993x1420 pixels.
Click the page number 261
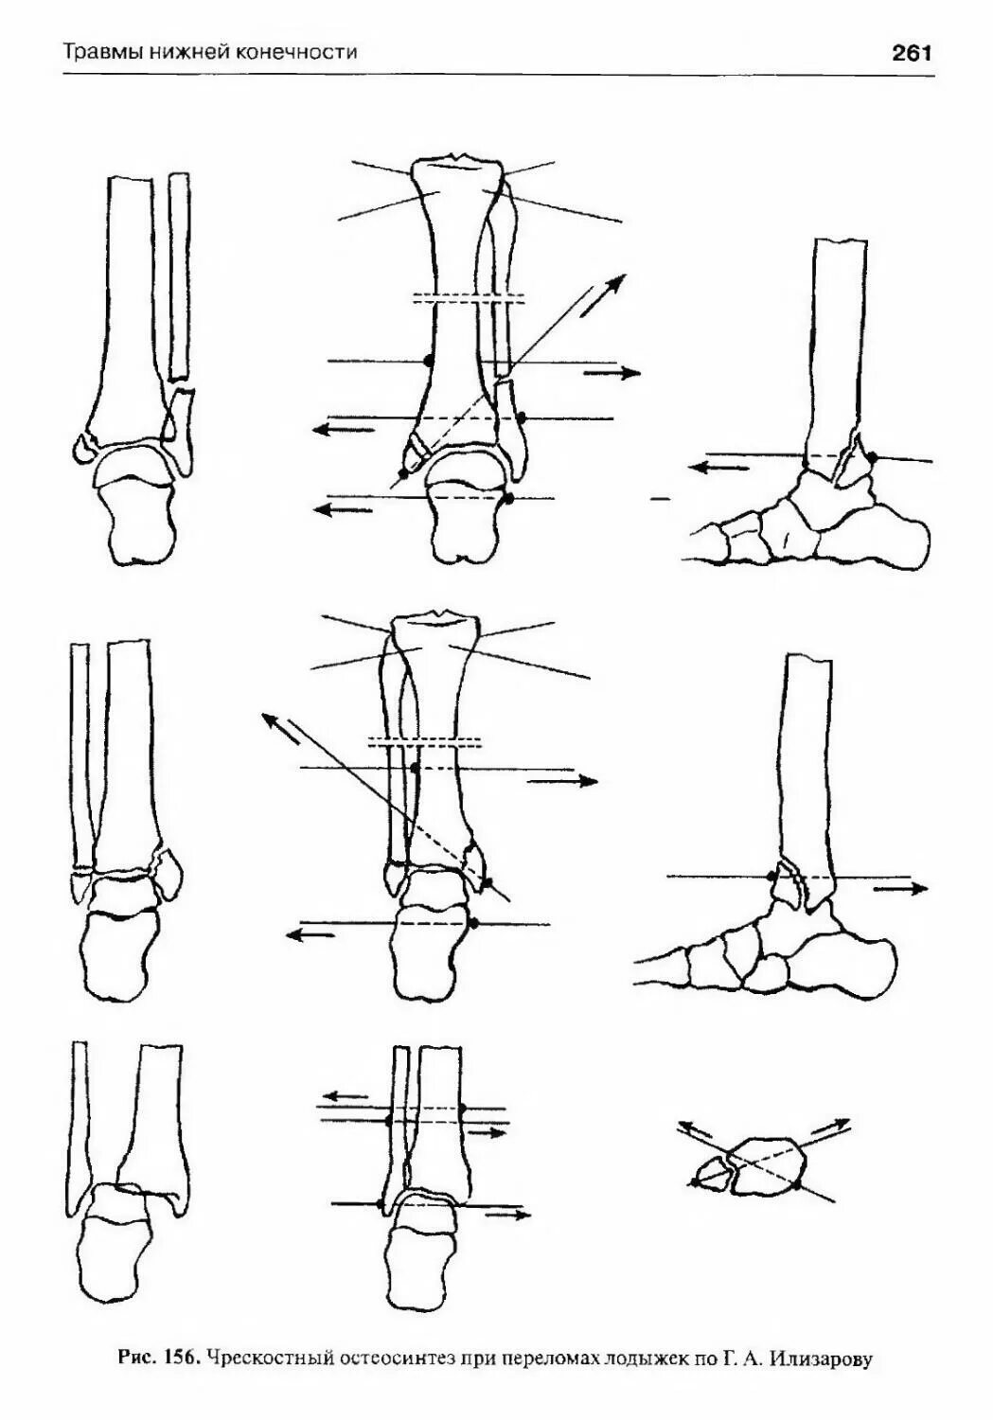[912, 53]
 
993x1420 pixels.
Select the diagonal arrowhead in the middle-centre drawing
[271, 719]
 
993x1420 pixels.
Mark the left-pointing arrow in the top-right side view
[714, 467]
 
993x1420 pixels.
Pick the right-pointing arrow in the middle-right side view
[900, 889]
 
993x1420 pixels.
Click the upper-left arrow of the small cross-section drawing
[696, 1128]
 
